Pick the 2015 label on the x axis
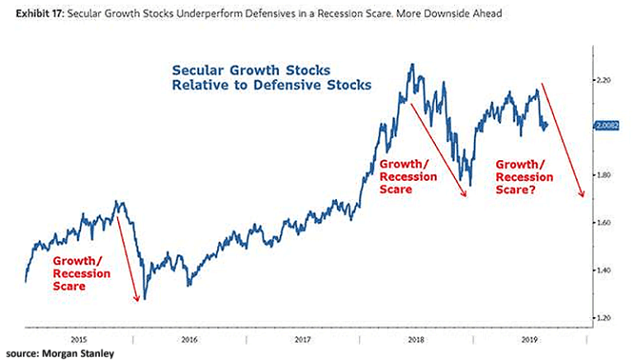point(80,339)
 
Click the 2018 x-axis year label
point(414,339)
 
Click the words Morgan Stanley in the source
point(84,353)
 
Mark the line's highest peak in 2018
point(411,64)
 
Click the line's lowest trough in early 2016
point(145,297)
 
